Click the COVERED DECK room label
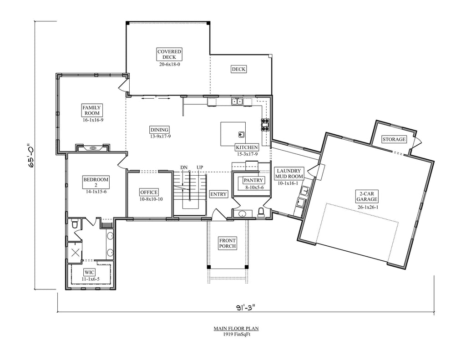[x=169, y=55]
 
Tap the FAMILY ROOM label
[x=91, y=110]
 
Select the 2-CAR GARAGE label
[x=367, y=197]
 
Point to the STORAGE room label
[x=394, y=139]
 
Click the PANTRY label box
[x=253, y=180]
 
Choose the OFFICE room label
[x=149, y=193]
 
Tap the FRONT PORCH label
[x=228, y=243]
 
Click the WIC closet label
[x=90, y=272]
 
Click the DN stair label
[x=184, y=167]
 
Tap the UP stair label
[x=200, y=167]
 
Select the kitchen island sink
[x=241, y=135]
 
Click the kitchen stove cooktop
[x=265, y=125]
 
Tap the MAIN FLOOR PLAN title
[x=236, y=329]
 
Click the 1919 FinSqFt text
[x=236, y=334]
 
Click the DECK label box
[x=238, y=69]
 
